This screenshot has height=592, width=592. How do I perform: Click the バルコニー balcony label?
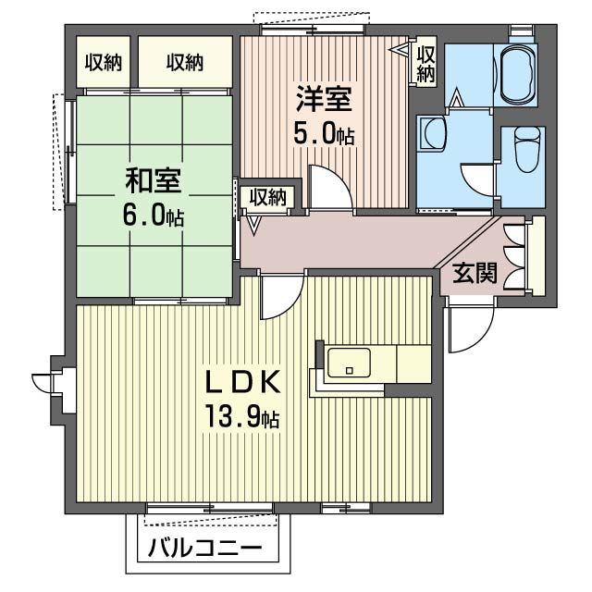[x=204, y=548]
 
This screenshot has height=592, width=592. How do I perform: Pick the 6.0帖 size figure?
[x=153, y=216]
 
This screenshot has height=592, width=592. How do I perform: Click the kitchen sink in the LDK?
[x=351, y=362]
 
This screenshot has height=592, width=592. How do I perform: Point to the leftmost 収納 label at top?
[x=104, y=63]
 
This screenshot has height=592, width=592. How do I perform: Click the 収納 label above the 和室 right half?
[x=185, y=63]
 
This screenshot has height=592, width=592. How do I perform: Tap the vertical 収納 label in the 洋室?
[x=425, y=63]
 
